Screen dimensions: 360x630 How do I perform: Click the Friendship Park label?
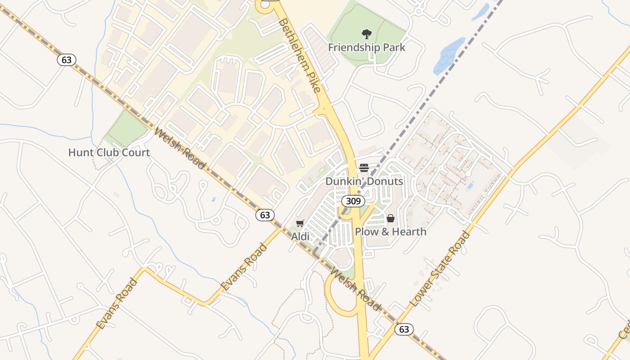(366, 47)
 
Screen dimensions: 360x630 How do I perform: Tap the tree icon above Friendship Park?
(367, 34)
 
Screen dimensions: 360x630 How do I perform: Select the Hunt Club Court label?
(109, 153)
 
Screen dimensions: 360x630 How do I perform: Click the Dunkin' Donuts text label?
(364, 181)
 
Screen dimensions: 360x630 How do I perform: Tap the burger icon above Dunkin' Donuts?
(364, 168)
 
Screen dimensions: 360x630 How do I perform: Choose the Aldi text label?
(300, 236)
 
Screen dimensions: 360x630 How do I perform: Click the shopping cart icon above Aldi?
(300, 224)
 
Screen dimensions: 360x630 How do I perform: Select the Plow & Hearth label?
(391, 232)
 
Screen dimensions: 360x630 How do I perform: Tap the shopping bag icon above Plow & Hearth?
(391, 219)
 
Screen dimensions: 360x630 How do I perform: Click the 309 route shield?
(353, 201)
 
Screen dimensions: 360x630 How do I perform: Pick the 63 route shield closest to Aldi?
(265, 215)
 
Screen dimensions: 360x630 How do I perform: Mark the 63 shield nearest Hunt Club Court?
(67, 60)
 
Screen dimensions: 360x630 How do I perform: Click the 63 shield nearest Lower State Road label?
(404, 329)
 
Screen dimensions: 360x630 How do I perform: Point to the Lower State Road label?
(440, 269)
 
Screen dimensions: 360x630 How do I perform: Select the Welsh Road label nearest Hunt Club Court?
(180, 148)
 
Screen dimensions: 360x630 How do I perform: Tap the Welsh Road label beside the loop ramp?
(355, 288)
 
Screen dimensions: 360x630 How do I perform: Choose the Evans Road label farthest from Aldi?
(116, 304)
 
